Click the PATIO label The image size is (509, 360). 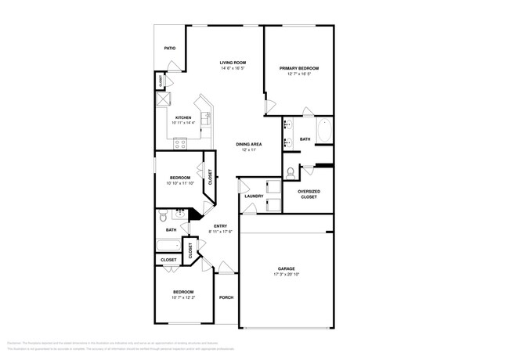(x=169, y=49)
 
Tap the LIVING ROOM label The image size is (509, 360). (x=233, y=63)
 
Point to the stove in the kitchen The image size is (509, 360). (x=180, y=143)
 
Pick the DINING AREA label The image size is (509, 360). (x=248, y=144)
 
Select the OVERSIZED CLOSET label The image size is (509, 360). (x=309, y=194)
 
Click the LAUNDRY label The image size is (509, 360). (x=253, y=196)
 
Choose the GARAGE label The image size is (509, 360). (x=285, y=268)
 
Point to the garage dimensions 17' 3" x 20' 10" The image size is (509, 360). (x=285, y=274)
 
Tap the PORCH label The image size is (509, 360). (x=226, y=297)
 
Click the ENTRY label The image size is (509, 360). (x=220, y=226)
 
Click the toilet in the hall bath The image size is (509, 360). (x=162, y=216)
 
